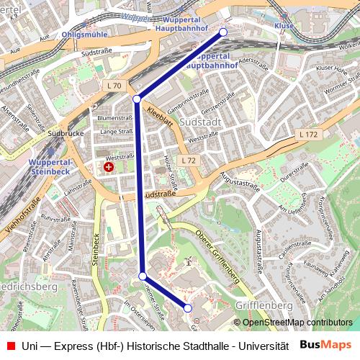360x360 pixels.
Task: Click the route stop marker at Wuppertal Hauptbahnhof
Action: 223,32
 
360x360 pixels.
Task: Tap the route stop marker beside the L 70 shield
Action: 137,99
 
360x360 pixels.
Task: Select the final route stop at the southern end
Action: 188,308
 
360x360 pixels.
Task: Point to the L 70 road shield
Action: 114,86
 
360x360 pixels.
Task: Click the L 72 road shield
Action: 189,160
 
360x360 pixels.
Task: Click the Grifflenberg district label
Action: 264,305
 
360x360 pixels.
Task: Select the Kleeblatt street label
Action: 159,116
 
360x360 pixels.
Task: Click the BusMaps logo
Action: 325,345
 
